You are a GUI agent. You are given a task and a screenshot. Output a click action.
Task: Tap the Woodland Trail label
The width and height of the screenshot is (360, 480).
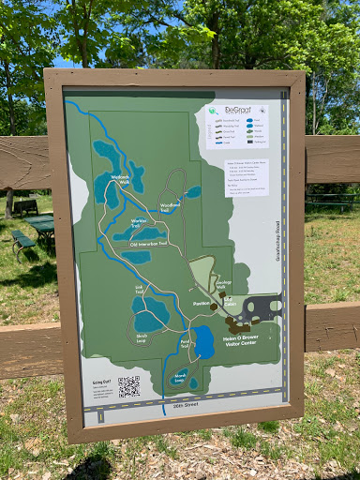[170, 207]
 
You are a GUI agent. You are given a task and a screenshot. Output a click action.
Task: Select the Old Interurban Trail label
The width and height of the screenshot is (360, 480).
[147, 244]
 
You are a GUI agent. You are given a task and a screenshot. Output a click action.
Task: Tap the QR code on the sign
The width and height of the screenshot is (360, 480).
[128, 386]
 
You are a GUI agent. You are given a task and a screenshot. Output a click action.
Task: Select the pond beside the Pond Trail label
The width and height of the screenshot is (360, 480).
[203, 342]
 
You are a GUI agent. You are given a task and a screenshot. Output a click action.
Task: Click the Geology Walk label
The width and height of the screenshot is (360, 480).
[224, 282]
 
